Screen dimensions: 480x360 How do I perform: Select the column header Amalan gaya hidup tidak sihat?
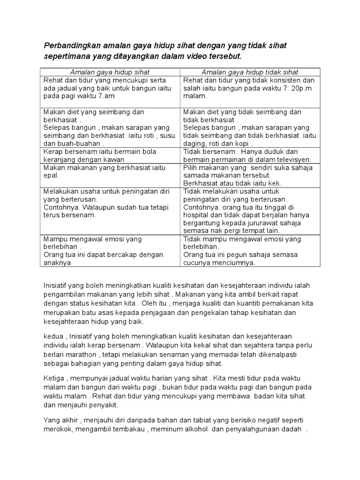[x=250, y=72]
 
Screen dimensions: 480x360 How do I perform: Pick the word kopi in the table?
[x=243, y=144]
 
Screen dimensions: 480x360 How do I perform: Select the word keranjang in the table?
[x=58, y=160]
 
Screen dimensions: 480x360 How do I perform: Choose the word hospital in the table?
[x=197, y=215]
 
